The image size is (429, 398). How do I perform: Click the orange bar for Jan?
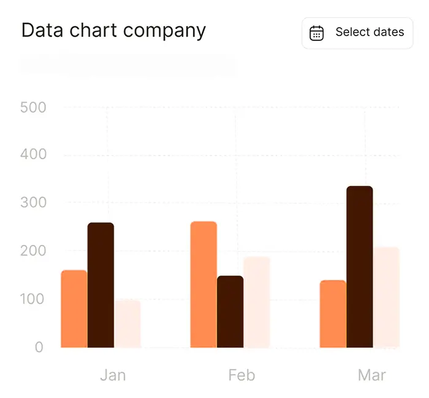coord(74,309)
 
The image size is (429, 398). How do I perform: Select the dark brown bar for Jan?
coord(101,285)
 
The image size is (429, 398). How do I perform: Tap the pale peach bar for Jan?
coord(127,324)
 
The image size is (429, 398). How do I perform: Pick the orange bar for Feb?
coord(203,285)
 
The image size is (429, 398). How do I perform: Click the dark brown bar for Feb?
coord(230,312)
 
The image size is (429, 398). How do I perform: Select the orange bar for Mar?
coord(333,314)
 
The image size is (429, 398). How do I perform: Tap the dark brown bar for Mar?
coord(360,267)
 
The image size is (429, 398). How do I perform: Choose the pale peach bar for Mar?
coord(387,298)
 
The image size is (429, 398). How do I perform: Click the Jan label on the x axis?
coord(113,375)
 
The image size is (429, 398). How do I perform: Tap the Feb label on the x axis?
coord(241,375)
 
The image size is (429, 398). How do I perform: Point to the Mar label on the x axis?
coord(372,375)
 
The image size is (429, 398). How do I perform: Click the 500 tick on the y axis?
coord(33,107)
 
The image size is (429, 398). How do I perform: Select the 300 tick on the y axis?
coord(33,202)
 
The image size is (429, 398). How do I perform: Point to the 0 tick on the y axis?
coord(39,347)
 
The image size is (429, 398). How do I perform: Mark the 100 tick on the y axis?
coord(33,299)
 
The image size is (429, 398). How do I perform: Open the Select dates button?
coord(358,33)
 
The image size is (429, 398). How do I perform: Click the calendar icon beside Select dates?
coord(316,33)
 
